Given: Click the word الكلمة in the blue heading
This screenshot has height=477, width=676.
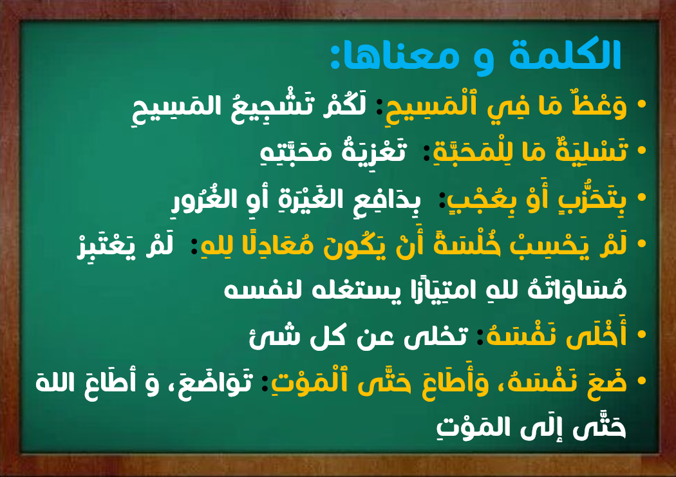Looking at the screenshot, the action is pos(565,54).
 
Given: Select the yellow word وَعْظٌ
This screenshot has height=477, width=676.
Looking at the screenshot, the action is pos(599,105).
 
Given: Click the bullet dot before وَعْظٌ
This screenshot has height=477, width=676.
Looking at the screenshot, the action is pos(641,104).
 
